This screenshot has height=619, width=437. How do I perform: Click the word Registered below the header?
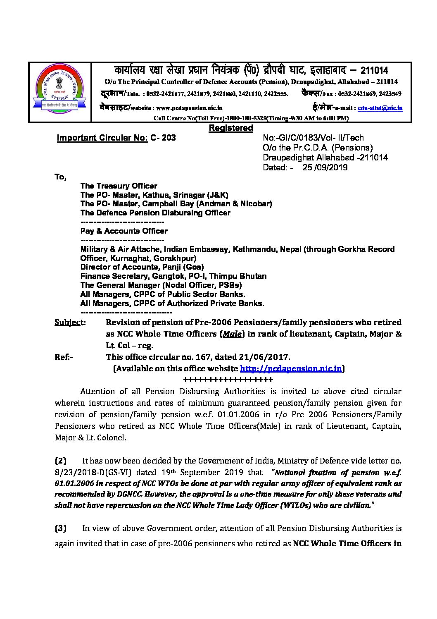[231, 128]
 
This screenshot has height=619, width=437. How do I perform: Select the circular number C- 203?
[163, 138]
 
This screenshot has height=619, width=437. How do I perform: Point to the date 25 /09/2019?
[325, 167]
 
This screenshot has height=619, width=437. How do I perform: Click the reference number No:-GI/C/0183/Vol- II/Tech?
[313, 138]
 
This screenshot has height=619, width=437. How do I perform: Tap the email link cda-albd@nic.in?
[380, 108]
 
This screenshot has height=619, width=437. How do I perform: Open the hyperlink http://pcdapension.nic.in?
[291, 368]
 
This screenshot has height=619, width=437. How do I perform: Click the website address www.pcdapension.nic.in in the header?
[189, 108]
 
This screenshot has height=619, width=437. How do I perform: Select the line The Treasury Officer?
[119, 186]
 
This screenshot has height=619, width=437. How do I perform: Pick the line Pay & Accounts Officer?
[124, 231]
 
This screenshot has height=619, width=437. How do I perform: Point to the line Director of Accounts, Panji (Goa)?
[142, 267]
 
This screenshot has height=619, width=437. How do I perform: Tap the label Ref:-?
[64, 357]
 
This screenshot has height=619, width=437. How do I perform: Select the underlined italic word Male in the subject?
[232, 334]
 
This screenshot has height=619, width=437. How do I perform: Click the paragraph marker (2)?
[60, 461]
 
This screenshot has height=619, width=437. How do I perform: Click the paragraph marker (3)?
[60, 528]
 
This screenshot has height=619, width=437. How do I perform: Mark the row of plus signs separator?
[228, 380]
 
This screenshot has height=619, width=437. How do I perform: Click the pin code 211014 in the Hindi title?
[374, 70]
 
